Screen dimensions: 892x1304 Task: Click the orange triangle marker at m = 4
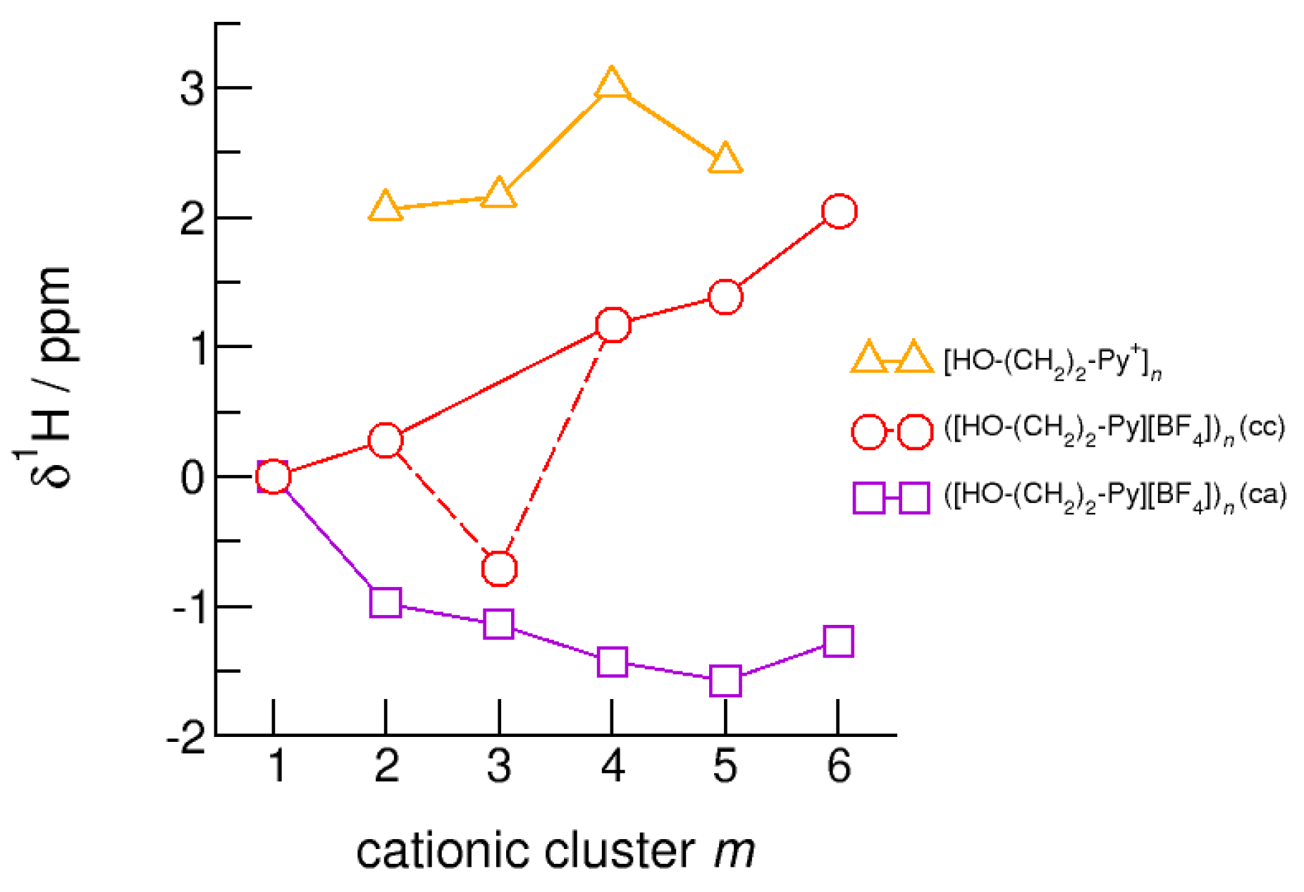click(612, 85)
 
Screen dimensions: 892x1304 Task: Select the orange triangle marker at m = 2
click(386, 207)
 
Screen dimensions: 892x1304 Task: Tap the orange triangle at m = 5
click(725, 159)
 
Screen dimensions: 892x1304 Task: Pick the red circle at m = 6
click(839, 211)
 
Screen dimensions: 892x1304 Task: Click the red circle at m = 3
click(499, 568)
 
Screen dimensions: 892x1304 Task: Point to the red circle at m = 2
click(386, 440)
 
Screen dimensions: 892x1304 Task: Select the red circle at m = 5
click(725, 297)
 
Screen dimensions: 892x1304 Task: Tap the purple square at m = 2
click(386, 602)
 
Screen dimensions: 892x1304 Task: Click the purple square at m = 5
click(725, 680)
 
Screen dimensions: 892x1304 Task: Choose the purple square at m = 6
click(839, 641)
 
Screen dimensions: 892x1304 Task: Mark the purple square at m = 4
click(612, 662)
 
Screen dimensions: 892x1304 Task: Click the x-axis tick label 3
click(499, 766)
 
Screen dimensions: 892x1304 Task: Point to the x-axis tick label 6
click(839, 766)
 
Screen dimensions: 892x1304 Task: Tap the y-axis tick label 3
click(192, 89)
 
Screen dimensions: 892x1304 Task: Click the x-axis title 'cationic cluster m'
click(555, 850)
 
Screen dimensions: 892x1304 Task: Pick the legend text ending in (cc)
click(1114, 430)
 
